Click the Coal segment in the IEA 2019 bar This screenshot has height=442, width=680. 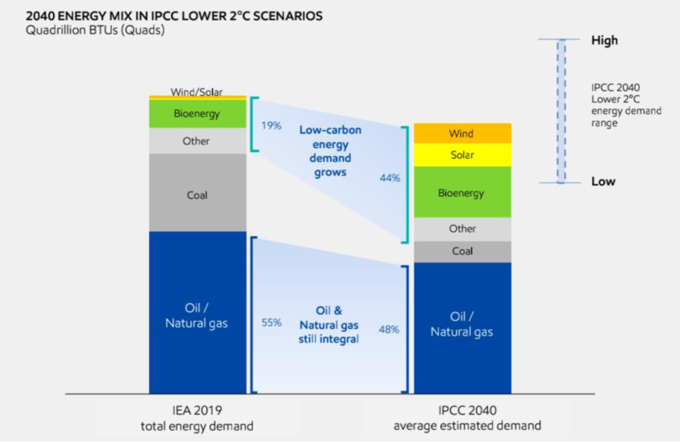[198, 193]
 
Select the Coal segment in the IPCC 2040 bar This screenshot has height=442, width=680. [463, 252]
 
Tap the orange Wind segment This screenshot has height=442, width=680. [463, 133]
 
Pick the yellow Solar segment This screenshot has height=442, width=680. [463, 155]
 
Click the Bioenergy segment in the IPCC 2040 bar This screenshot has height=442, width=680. [463, 192]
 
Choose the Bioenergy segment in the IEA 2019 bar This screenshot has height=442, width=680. [198, 113]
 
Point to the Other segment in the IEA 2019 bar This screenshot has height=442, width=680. [198, 141]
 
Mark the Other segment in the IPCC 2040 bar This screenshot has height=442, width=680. [463, 229]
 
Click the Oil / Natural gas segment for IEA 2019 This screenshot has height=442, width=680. [198, 313]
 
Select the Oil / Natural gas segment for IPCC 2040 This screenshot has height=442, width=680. [463, 328]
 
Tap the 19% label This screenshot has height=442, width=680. [271, 126]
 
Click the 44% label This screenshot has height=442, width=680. [390, 178]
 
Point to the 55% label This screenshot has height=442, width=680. [271, 323]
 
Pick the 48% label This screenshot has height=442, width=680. [389, 330]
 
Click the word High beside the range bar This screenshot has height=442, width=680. [604, 40]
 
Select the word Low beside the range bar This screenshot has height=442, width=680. [603, 181]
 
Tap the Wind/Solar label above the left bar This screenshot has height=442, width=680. [196, 91]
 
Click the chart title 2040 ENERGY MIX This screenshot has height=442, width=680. [174, 16]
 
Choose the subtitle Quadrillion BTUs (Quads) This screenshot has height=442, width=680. [95, 30]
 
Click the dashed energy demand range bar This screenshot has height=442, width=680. [561, 111]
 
